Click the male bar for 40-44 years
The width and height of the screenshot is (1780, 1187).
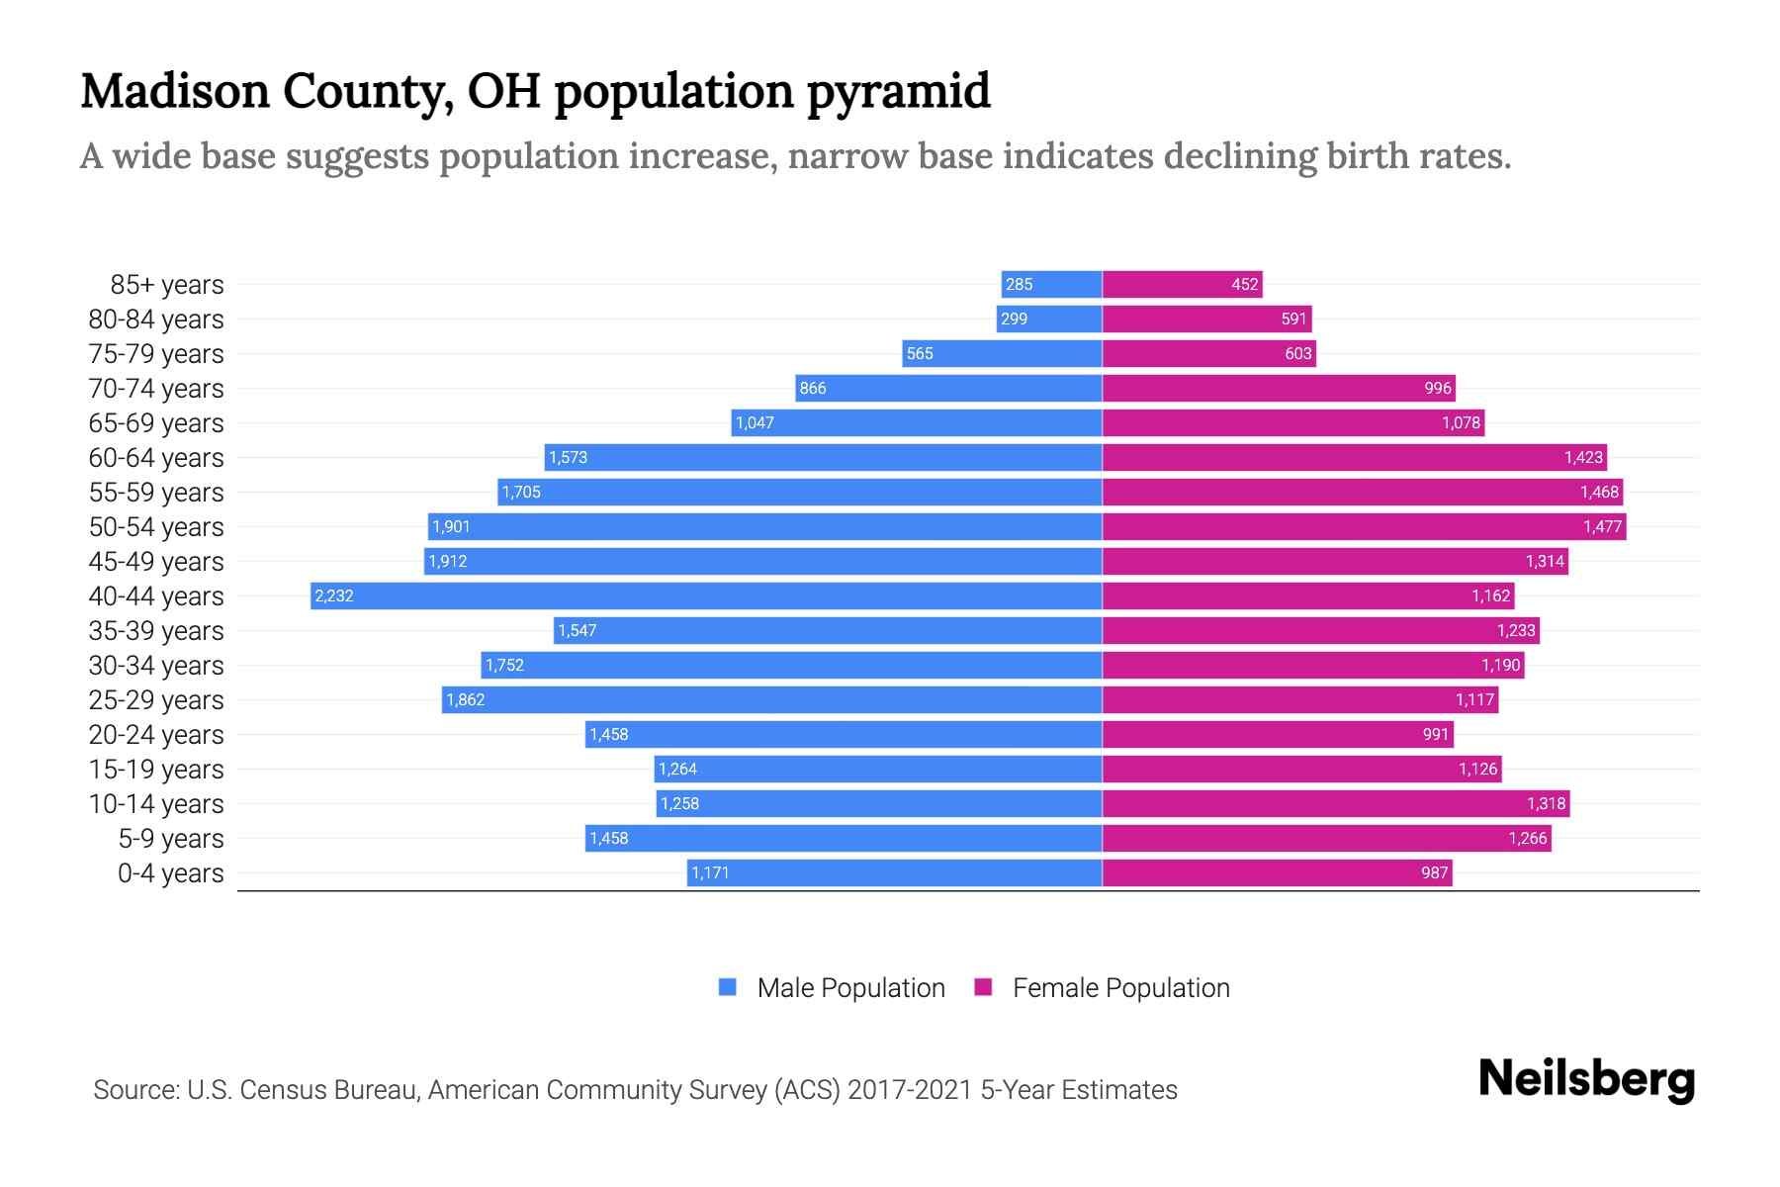coord(706,595)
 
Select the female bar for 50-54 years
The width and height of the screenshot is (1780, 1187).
coord(1364,526)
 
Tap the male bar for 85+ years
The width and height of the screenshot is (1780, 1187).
coord(1051,284)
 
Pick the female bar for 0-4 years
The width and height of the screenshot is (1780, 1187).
coord(1277,872)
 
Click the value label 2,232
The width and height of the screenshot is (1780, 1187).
coord(334,595)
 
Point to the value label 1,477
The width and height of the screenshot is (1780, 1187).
coord(1602,526)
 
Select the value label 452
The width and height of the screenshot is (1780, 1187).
coord(1244,284)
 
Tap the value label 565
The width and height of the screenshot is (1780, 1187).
coord(920,353)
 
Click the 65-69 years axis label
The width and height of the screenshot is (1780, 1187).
coord(156,422)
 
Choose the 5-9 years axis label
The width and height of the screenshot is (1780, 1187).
coord(171,838)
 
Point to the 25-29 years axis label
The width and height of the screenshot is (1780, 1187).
coord(156,699)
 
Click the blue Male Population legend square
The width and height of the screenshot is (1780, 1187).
coord(728,987)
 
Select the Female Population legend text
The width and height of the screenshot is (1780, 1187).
coord(1120,987)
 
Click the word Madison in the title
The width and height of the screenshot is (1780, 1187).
coord(175,91)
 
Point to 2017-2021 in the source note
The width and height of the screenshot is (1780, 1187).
coord(910,1089)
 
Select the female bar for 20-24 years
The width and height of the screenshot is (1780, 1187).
coord(1278,734)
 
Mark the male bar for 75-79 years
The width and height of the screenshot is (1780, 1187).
coord(1002,353)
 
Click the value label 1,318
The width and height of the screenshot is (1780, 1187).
coord(1546,803)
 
